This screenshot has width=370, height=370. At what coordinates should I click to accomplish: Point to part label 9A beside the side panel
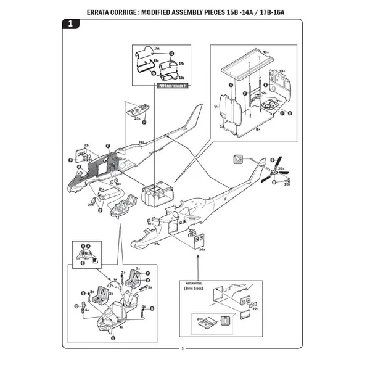(216, 107)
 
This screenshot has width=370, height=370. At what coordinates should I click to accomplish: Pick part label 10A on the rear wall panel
(282, 72)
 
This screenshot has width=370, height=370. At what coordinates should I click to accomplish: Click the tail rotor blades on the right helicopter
(275, 172)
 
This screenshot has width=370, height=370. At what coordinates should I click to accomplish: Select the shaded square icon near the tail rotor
(237, 158)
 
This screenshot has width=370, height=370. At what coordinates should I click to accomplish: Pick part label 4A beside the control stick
(87, 310)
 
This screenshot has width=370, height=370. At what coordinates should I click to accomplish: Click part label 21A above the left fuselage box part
(102, 189)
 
